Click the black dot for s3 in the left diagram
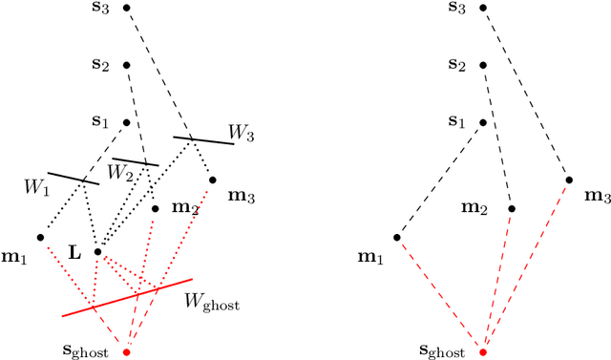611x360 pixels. point(127,8)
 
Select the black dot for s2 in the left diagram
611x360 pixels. point(127,66)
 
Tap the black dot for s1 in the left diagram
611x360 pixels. point(127,123)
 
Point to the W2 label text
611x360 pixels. point(119,173)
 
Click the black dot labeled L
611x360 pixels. point(97,252)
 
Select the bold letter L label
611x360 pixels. point(74,252)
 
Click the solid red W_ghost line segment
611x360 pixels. point(127,298)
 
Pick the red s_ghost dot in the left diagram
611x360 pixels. point(126,351)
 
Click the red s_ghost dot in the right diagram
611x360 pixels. point(483,351)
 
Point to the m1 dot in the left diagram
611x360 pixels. point(40,237)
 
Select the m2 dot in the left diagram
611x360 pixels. point(156,208)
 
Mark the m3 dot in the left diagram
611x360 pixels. point(212,180)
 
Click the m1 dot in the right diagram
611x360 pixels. point(397,237)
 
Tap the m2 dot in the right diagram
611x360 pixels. point(512,208)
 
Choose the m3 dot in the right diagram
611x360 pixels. point(569,180)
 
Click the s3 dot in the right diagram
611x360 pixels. point(483,8)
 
